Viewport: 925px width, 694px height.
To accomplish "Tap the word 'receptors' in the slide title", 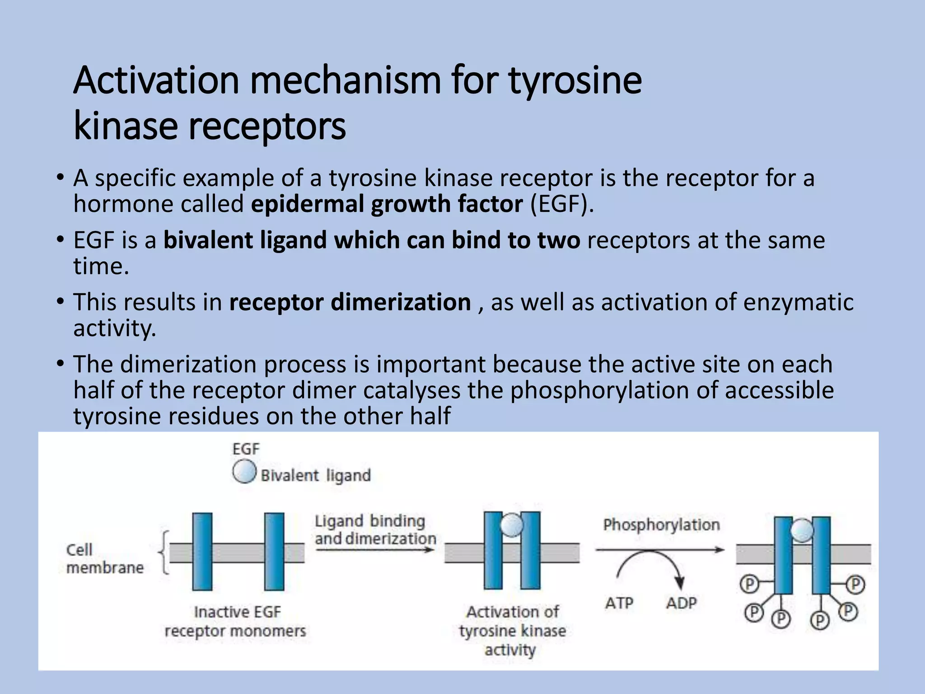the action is click(267, 127).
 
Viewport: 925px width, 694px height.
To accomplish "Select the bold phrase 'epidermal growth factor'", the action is click(387, 204).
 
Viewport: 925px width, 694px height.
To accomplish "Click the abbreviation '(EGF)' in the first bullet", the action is click(561, 204).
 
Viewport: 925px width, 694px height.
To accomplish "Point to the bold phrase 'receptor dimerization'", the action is click(350, 302).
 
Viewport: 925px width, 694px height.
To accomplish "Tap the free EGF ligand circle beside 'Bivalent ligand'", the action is click(244, 472).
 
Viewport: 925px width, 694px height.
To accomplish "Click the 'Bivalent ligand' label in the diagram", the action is click(316, 475).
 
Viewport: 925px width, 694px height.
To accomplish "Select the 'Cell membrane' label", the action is click(105, 558).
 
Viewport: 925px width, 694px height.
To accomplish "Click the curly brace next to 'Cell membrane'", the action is click(164, 552).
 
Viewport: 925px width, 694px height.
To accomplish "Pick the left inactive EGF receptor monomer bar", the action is click(202, 551).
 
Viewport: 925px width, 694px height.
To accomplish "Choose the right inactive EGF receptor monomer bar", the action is click(274, 551).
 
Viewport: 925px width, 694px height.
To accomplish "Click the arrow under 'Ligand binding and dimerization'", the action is click(375, 550).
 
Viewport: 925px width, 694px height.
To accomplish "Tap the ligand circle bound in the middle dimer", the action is click(512, 526).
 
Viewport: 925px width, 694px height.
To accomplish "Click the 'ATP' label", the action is click(619, 603).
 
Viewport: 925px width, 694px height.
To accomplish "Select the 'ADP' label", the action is click(682, 603).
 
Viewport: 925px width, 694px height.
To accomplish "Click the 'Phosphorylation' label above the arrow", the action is click(662, 525).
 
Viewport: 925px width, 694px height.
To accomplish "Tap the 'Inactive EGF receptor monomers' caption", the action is click(235, 621).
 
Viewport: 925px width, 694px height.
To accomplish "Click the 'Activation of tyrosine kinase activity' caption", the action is click(512, 631).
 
